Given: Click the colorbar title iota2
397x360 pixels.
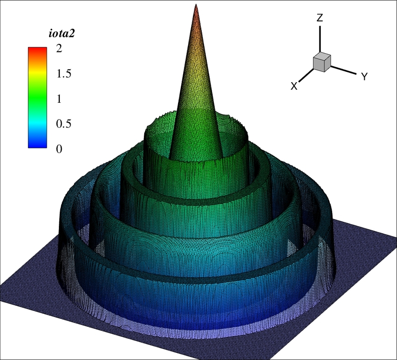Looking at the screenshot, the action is [x=62, y=34].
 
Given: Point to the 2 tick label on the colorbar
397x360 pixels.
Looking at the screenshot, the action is [x=59, y=49].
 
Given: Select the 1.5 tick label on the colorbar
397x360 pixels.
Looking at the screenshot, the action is [x=64, y=74].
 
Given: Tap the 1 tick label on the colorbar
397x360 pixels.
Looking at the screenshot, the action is [x=59, y=99].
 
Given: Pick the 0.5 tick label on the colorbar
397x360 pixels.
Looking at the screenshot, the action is [x=64, y=124].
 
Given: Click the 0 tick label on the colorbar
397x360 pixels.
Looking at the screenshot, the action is [x=59, y=149].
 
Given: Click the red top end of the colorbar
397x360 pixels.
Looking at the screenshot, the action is [x=37, y=49].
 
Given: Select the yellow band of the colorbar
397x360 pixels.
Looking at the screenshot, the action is [x=37, y=73].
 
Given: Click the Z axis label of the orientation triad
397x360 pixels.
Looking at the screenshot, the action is [x=320, y=18].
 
